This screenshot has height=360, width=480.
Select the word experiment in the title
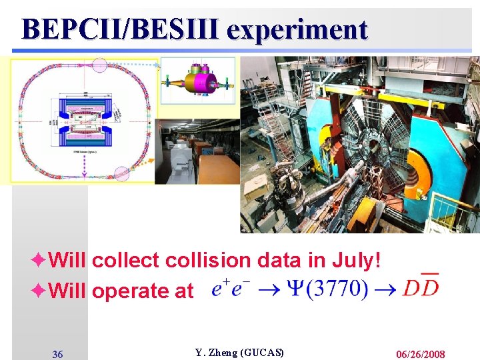[x=297, y=29]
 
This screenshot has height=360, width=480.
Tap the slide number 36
[x=58, y=354]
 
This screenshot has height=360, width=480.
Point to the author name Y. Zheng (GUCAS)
[x=239, y=353]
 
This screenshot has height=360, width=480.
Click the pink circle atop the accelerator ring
[x=99, y=65]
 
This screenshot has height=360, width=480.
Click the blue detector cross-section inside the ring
[x=85, y=117]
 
